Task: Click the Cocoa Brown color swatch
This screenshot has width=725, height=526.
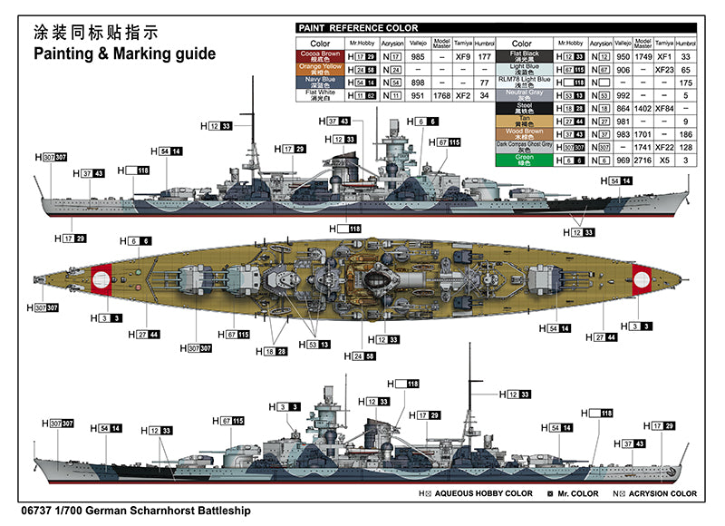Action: tap(320, 56)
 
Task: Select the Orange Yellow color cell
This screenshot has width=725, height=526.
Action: tap(320, 69)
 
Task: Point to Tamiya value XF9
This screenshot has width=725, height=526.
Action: tap(463, 56)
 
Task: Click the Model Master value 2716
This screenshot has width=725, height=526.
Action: tap(644, 160)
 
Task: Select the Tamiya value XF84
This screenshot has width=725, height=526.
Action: tap(665, 108)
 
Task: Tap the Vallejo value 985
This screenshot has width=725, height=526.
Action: tap(418, 56)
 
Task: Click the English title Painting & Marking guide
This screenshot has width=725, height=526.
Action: tap(124, 54)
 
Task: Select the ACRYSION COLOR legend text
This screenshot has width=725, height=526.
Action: tap(661, 494)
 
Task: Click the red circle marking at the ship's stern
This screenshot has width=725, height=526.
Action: tap(101, 275)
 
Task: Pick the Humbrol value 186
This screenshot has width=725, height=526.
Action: tap(687, 133)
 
